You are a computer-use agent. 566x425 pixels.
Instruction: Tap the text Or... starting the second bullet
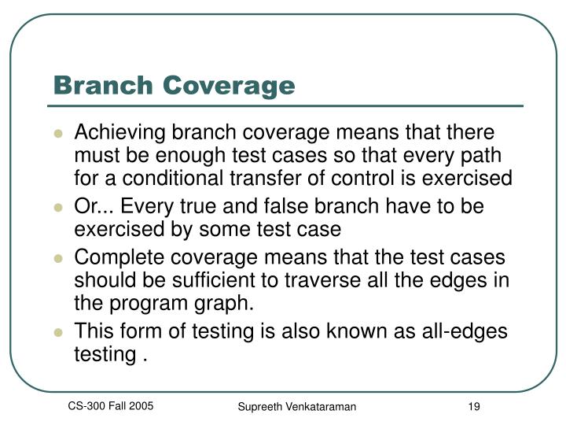pos(90,206)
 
